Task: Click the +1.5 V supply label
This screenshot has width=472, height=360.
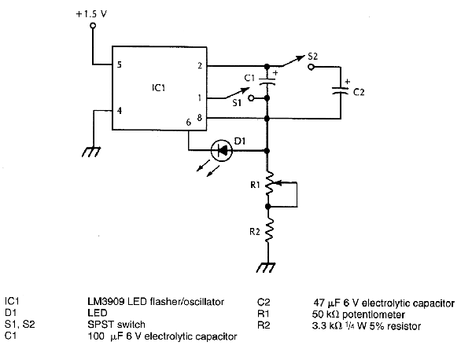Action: point(93,13)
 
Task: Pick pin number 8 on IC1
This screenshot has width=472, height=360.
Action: point(200,118)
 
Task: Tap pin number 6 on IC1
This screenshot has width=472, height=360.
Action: point(188,122)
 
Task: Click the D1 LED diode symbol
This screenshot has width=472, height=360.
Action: point(223,148)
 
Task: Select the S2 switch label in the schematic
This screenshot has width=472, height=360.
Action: point(312,56)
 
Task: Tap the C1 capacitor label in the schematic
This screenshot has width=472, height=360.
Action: point(249,78)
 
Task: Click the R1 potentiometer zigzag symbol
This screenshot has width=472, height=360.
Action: point(269,186)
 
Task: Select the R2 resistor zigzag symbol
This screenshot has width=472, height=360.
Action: point(269,233)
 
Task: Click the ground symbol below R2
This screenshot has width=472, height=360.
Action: point(269,268)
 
